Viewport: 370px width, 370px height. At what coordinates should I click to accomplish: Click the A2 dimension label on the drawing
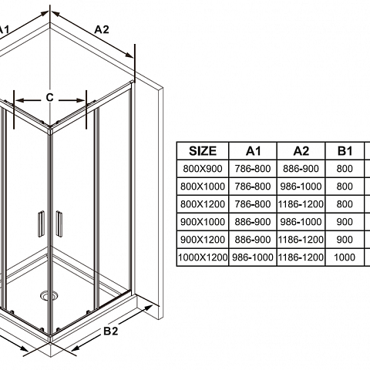click(102, 29)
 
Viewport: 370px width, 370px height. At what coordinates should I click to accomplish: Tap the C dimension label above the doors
click(49, 98)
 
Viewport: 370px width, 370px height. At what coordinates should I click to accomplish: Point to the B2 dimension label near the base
click(111, 331)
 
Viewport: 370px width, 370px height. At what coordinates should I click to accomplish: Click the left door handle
click(41, 224)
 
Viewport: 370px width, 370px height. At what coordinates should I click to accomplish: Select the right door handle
click(59, 224)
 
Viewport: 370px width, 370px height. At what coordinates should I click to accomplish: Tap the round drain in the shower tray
click(49, 295)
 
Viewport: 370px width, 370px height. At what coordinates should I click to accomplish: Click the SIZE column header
click(203, 151)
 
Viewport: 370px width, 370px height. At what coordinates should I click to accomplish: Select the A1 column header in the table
click(253, 151)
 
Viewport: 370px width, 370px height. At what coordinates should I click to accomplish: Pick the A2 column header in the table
click(301, 151)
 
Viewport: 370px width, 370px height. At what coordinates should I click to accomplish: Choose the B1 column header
click(345, 151)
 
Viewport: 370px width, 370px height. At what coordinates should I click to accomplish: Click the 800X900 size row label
click(203, 169)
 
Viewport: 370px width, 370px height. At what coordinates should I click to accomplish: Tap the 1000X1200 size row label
click(203, 257)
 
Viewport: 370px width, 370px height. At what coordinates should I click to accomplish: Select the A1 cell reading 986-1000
click(253, 257)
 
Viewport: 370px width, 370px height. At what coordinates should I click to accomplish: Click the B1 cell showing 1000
click(345, 257)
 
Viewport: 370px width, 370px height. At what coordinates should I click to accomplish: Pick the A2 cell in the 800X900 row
click(301, 169)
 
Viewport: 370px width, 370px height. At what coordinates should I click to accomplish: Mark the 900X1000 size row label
click(203, 222)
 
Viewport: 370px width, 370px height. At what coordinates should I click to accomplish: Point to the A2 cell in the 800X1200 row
click(301, 204)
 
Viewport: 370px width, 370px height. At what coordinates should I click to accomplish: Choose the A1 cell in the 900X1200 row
click(253, 240)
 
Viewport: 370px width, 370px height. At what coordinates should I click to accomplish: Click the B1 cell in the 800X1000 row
click(345, 187)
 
